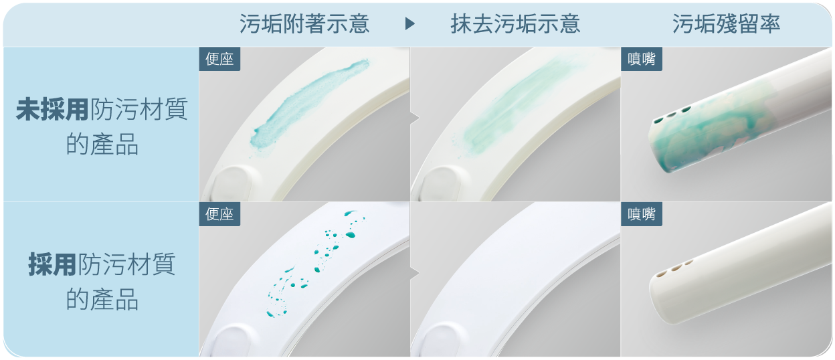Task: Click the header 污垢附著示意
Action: (x=304, y=24)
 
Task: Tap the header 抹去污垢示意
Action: (x=515, y=24)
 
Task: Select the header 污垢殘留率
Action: (x=726, y=24)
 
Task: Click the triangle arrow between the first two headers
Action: (x=409, y=24)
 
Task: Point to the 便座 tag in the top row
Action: (x=219, y=59)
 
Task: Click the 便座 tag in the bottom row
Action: (x=219, y=214)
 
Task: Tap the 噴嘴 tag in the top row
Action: (x=642, y=59)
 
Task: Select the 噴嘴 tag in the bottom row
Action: (x=642, y=214)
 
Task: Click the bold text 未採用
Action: (x=52, y=110)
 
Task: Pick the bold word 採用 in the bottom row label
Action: (x=52, y=264)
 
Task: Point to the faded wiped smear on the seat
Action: (x=522, y=104)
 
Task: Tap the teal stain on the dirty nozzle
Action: (x=709, y=138)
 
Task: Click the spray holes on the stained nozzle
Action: (x=672, y=115)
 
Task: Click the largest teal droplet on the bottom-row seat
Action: (x=350, y=235)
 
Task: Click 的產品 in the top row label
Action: (x=102, y=145)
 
